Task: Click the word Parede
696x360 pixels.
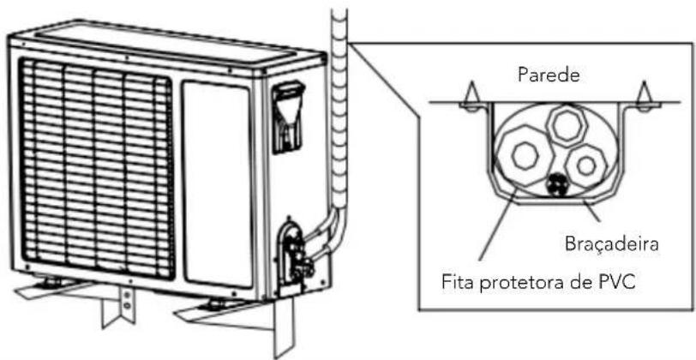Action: coord(549,75)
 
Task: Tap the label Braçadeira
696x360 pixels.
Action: coord(612,243)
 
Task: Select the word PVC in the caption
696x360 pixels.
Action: coord(616,282)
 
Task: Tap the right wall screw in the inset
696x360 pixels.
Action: coord(644,97)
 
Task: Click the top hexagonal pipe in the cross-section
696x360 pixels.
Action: coord(567,125)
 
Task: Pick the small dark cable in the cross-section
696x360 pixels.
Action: coord(555,183)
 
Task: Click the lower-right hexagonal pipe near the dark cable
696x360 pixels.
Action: coord(586,166)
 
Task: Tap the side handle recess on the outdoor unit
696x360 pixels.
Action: coord(289,117)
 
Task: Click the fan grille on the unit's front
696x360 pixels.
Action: coord(95,168)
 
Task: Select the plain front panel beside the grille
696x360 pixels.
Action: coord(217,183)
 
